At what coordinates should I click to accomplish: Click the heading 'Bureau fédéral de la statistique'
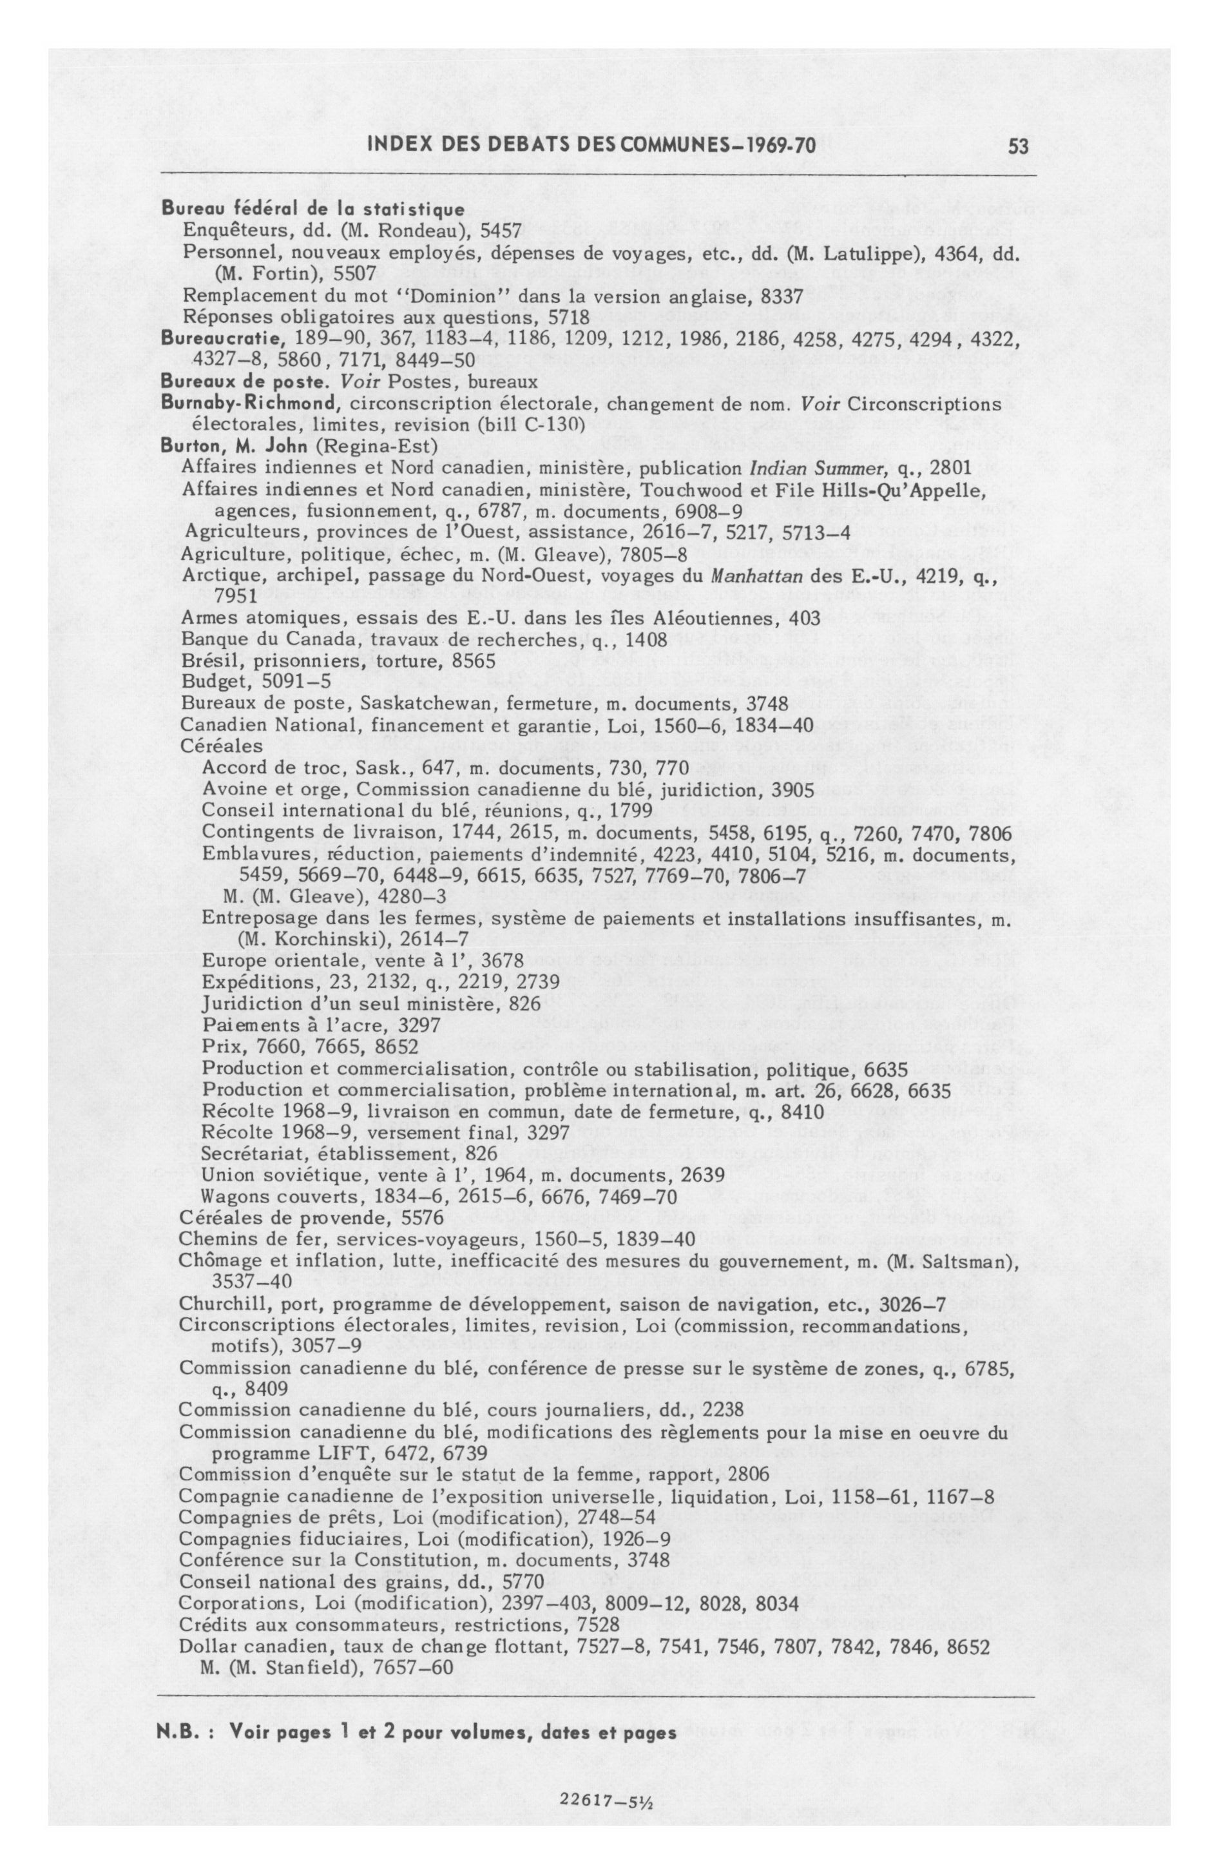coord(313,209)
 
